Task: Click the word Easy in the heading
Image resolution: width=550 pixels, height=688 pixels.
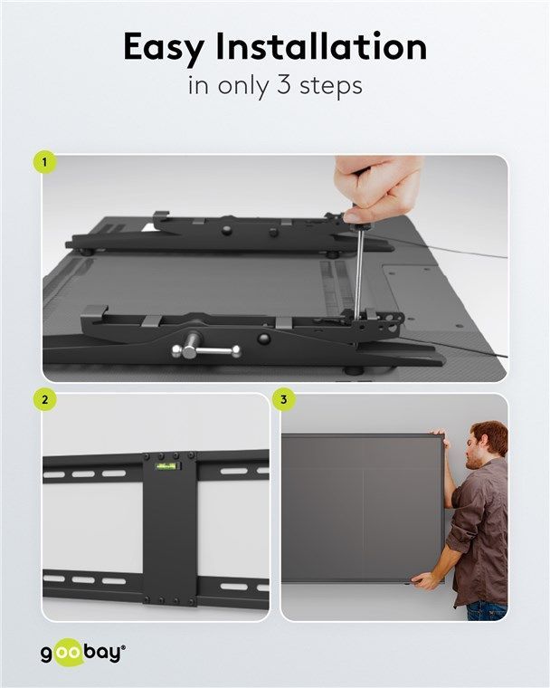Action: [164, 48]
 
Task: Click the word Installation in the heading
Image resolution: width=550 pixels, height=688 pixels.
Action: [321, 46]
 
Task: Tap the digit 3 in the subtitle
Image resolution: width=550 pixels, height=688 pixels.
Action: [283, 85]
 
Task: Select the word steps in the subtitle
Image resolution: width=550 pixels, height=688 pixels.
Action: [331, 86]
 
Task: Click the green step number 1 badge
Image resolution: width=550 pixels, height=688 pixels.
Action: [44, 162]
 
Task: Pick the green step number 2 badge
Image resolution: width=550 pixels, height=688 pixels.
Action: [44, 400]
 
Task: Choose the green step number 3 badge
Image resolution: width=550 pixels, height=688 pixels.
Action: [284, 400]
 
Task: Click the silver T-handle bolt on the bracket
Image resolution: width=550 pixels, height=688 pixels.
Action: [205, 349]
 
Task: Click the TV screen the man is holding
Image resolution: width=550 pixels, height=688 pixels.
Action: [362, 508]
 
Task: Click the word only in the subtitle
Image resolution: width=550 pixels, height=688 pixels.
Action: [242, 86]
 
